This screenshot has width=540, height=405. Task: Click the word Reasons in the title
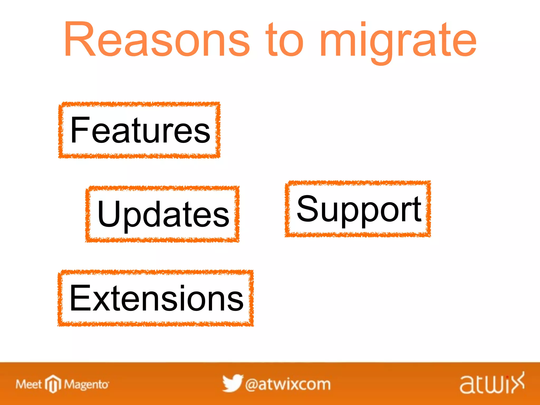click(x=157, y=40)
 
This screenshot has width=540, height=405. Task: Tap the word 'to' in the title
click(x=285, y=40)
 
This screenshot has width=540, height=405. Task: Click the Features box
click(x=139, y=130)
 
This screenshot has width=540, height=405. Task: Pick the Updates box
click(x=162, y=214)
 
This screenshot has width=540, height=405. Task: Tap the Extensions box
click(x=156, y=298)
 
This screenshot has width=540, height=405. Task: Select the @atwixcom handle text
click(x=288, y=384)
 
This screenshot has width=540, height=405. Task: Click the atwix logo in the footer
click(x=492, y=384)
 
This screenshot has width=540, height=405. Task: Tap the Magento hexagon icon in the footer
click(x=53, y=384)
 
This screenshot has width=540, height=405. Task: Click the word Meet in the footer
click(x=28, y=384)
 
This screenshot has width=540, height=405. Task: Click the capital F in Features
click(x=80, y=130)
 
